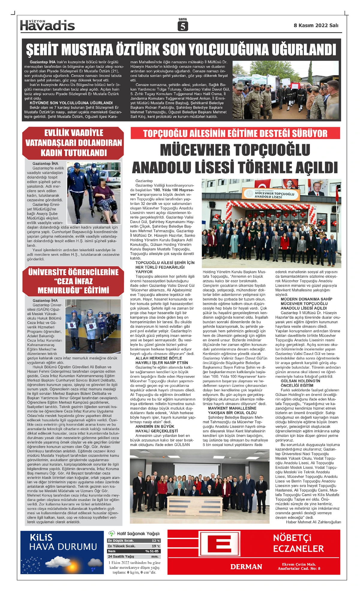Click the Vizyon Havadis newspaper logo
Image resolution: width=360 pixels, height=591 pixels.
tap(47, 26)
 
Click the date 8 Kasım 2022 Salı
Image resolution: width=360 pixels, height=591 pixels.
tap(316, 26)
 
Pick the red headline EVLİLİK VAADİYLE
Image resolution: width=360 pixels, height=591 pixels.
tap(73, 133)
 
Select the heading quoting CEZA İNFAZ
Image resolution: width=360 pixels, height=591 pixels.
tap(73, 281)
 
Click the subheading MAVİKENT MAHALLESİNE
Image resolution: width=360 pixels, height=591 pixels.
tap(232, 408)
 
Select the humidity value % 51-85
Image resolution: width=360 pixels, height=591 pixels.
tap(152, 551)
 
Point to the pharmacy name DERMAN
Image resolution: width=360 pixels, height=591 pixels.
tap(246, 567)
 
